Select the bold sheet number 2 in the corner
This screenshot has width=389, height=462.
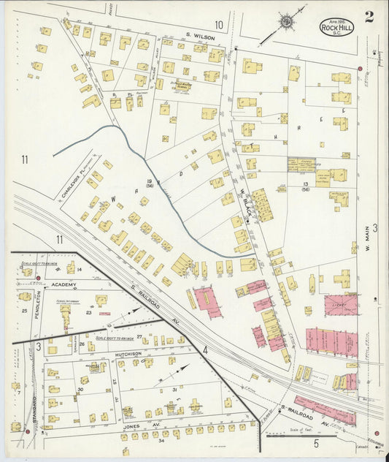369,18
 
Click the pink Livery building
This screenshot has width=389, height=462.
340,304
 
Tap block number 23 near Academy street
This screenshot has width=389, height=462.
89,313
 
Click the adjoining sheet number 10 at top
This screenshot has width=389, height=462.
218,24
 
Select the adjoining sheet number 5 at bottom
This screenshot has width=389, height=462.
316,443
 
